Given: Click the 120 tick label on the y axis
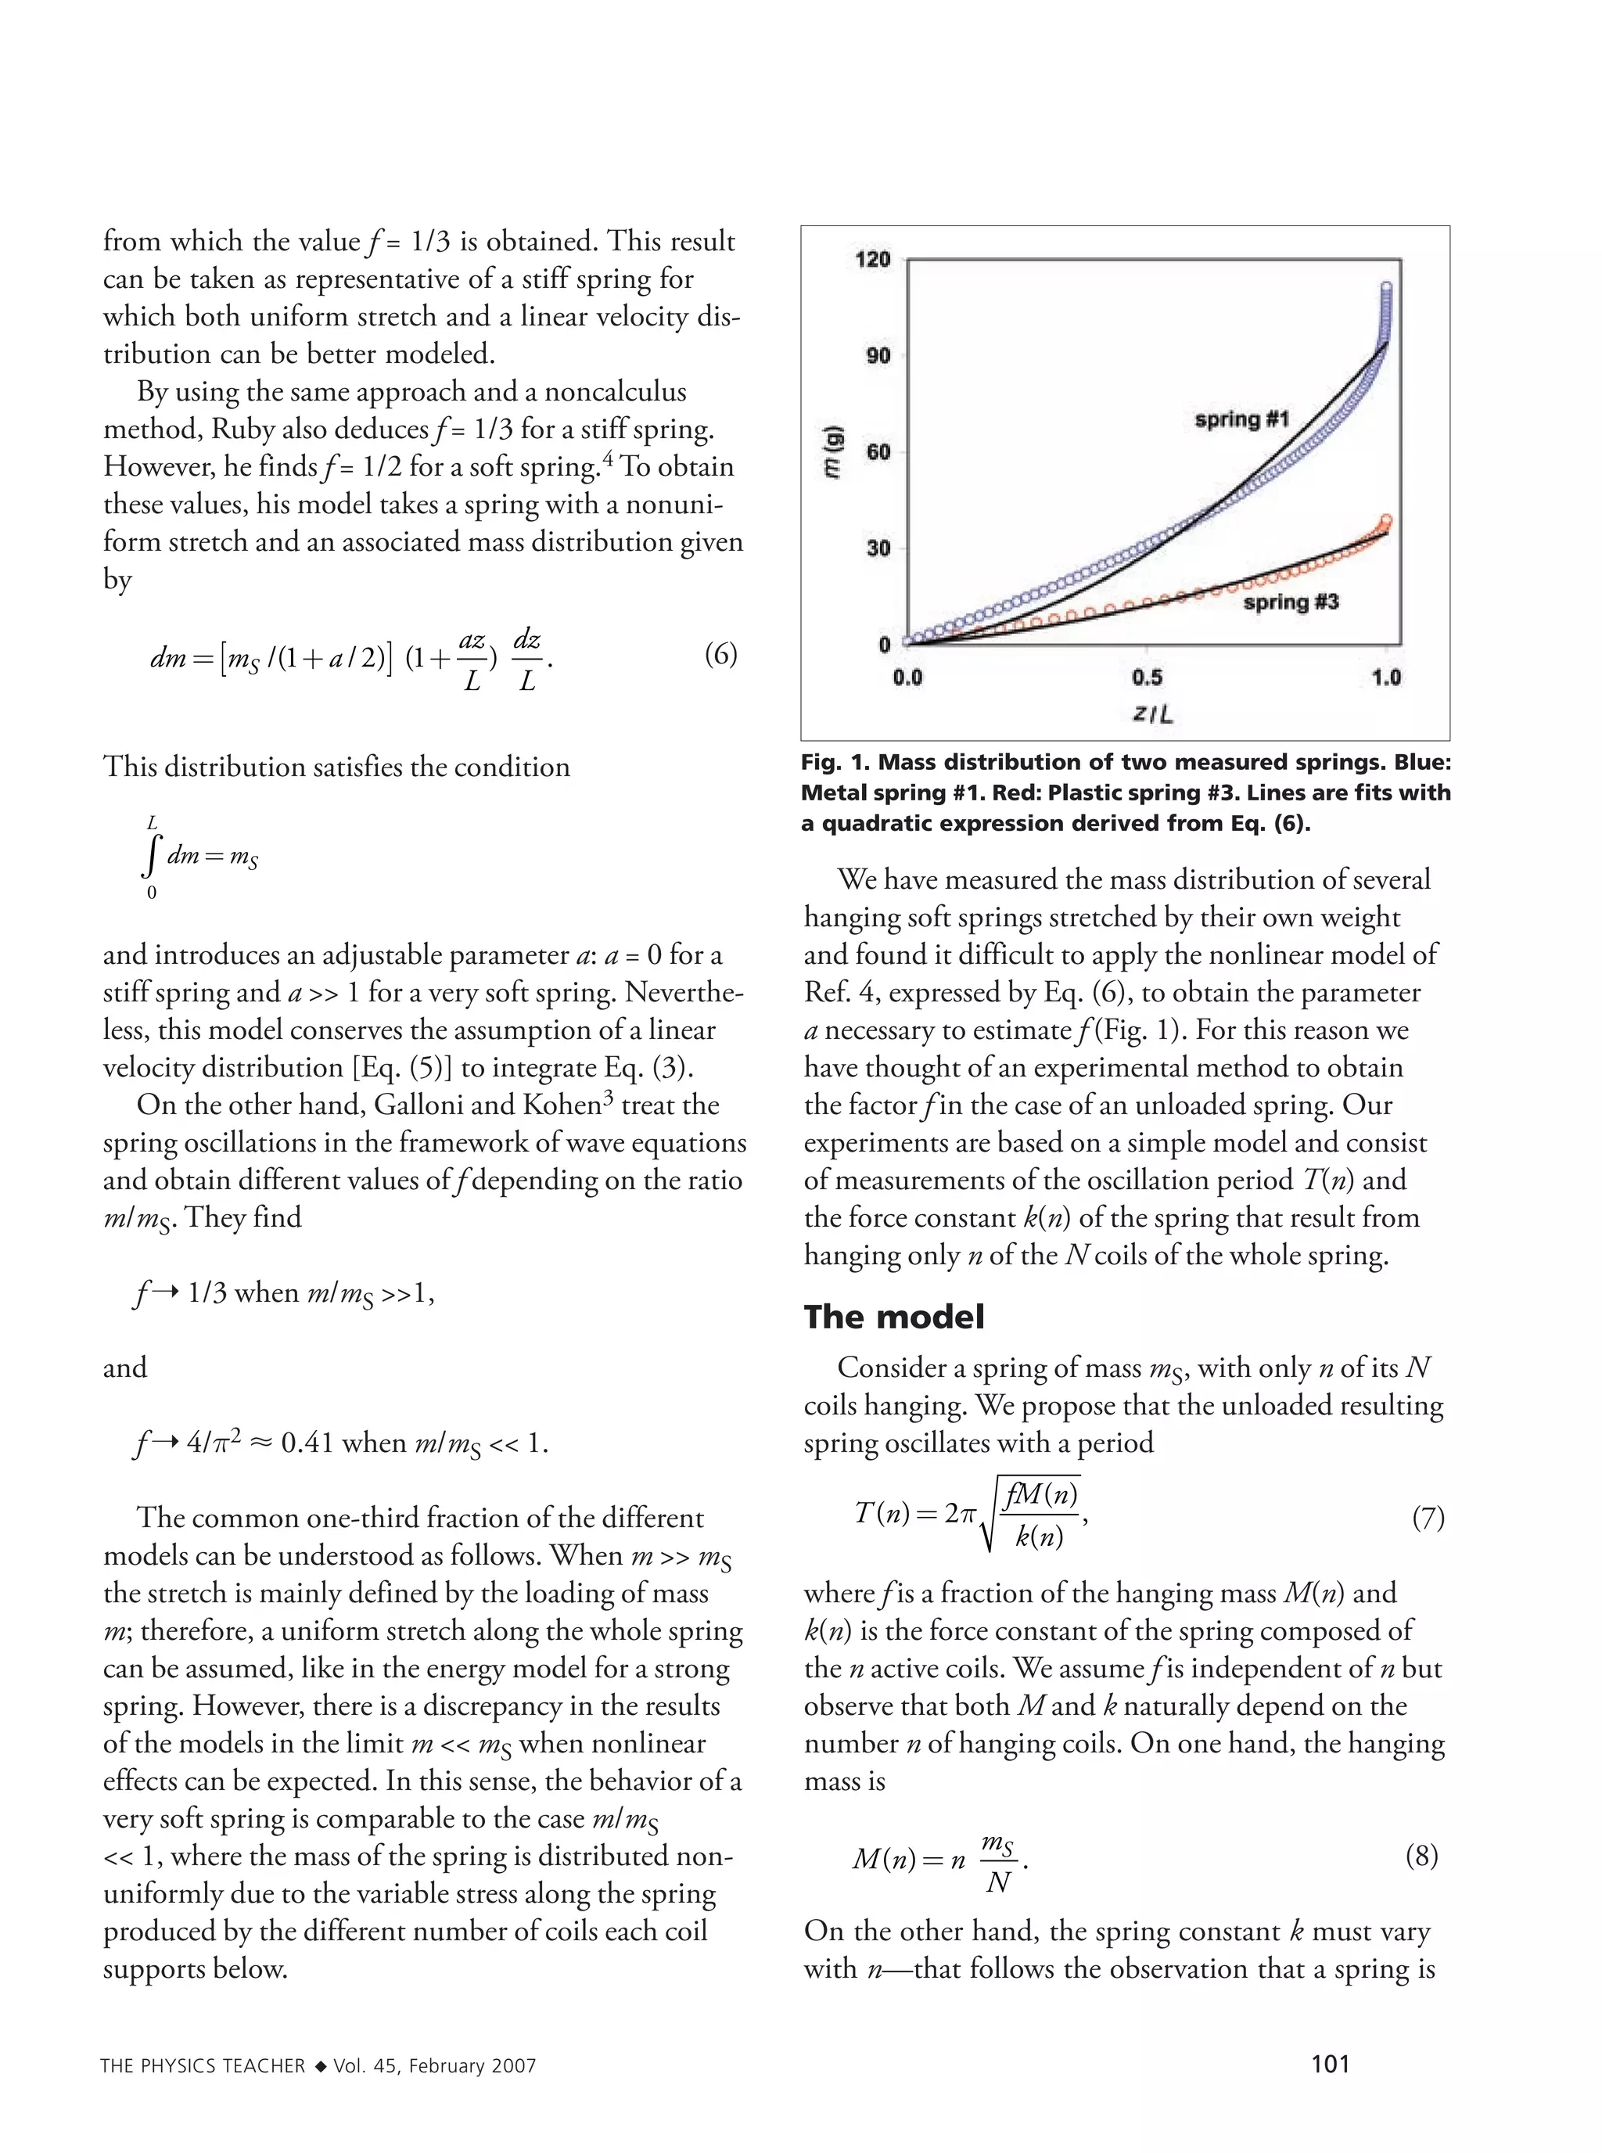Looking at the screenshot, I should point(871,259).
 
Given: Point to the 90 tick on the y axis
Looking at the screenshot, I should point(877,355).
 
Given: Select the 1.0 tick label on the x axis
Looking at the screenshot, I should point(1386,677).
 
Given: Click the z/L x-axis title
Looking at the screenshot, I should point(1152,715).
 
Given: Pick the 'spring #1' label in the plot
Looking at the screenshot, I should point(1241,419).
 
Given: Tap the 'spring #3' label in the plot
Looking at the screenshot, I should point(1291,602).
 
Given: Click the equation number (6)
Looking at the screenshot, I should point(720,655).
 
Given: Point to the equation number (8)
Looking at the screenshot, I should point(1421,1855).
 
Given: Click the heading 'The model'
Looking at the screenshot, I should point(893,1316).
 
